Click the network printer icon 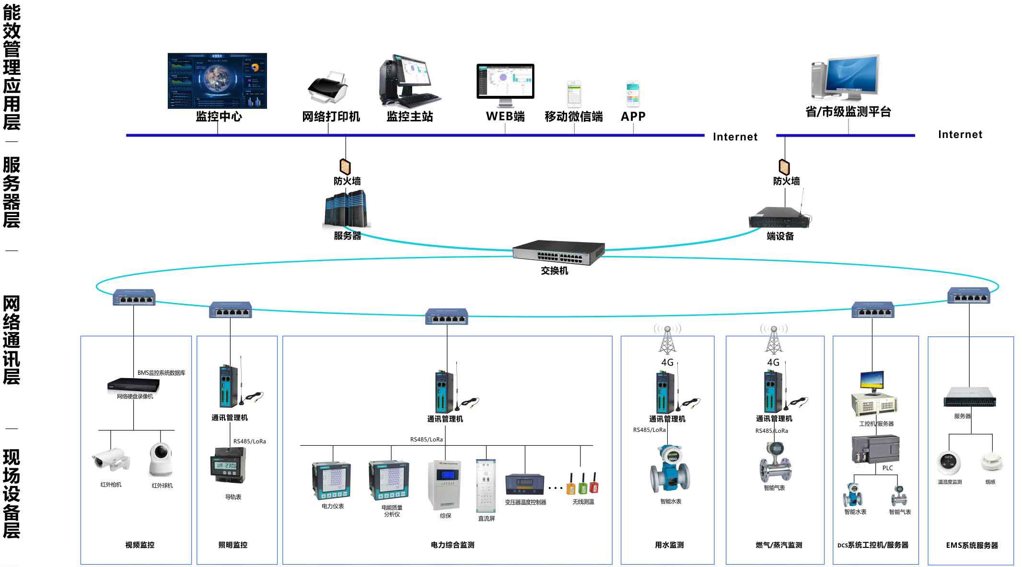[328, 88]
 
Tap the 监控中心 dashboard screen [217, 81]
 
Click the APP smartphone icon [633, 94]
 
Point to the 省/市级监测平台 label [848, 112]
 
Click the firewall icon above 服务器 [345, 166]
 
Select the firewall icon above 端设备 [784, 166]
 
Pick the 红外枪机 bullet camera [111, 460]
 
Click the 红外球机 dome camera [161, 460]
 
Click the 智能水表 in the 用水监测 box [670, 470]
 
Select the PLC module [875, 448]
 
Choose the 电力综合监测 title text [452, 545]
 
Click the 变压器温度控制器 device [525, 485]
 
